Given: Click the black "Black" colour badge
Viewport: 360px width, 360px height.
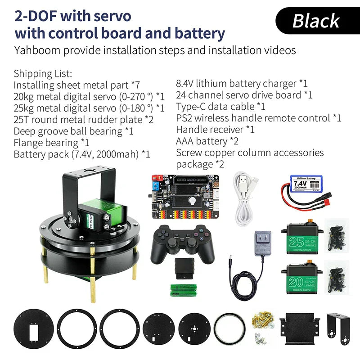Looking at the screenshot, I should pyautogui.click(x=316, y=21).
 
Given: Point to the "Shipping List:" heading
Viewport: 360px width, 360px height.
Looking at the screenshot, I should pyautogui.click(x=43, y=73).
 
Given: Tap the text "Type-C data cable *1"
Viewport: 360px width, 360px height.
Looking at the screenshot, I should pyautogui.click(x=220, y=107).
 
